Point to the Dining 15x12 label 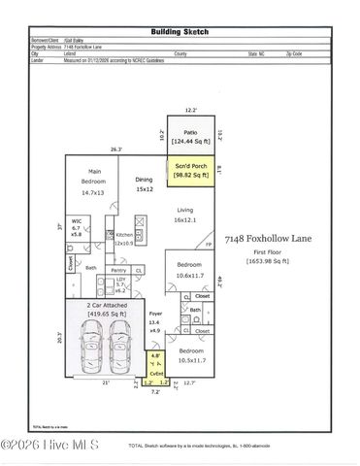[x=145, y=184]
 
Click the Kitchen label [x=124, y=238]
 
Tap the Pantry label [x=118, y=269]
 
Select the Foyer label [x=154, y=321]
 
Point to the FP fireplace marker [x=209, y=245]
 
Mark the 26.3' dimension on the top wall [x=116, y=150]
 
